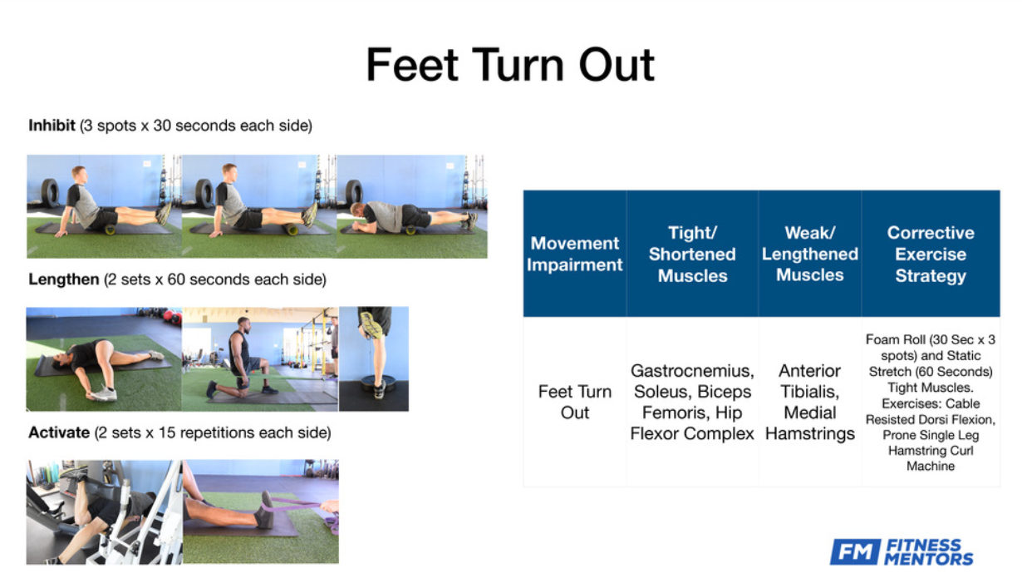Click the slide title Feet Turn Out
click(x=510, y=65)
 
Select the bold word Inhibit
click(x=52, y=125)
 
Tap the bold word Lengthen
click(x=63, y=279)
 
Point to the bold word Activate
click(x=59, y=432)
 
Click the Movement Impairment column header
click(x=574, y=254)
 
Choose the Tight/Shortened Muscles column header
click(x=692, y=254)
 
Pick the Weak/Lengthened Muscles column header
click(x=810, y=254)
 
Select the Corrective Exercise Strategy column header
click(x=931, y=254)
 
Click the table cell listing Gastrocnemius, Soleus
click(x=692, y=402)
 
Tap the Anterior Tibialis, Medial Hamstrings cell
click(x=810, y=402)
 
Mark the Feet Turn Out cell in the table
click(x=574, y=402)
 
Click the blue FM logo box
click(x=854, y=551)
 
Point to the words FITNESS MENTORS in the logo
click(x=929, y=552)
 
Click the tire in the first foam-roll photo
click(x=50, y=193)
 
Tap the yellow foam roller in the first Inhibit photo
click(x=110, y=230)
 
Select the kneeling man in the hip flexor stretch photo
click(x=242, y=358)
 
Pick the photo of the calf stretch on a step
click(x=374, y=358)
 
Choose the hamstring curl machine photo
click(x=104, y=511)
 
